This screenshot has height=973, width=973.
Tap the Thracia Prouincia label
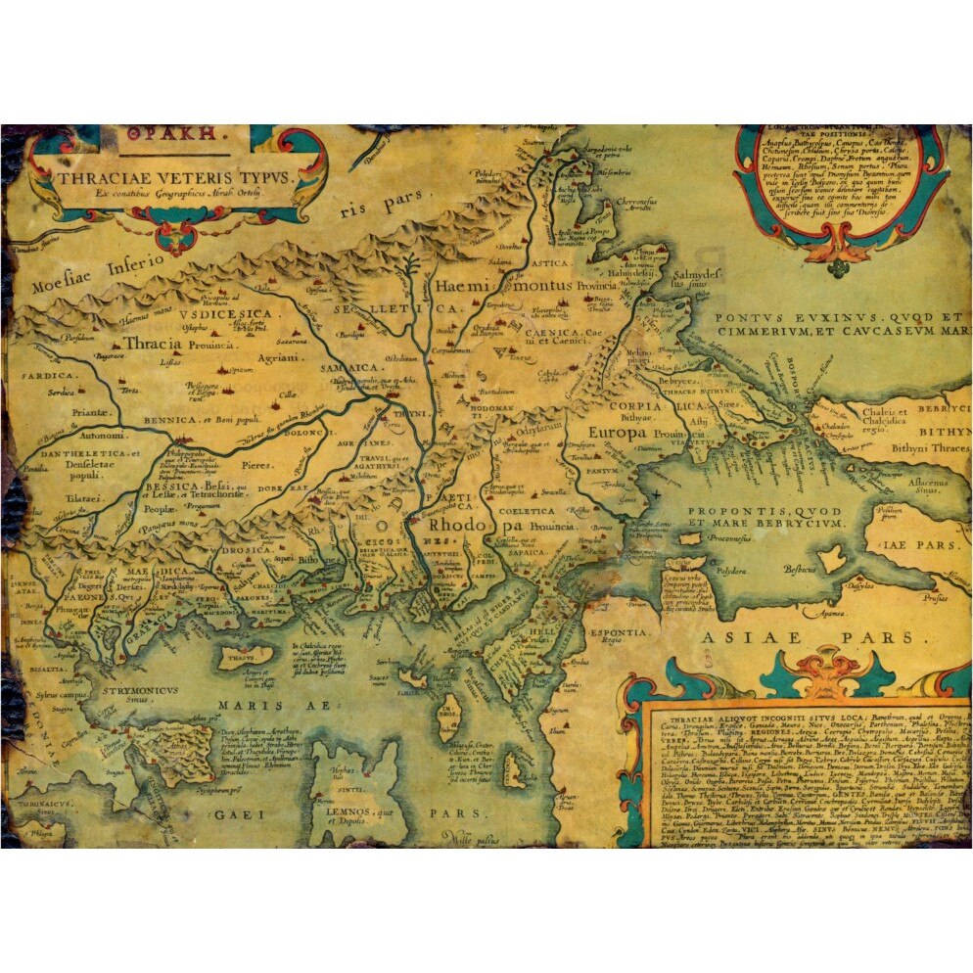178,345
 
